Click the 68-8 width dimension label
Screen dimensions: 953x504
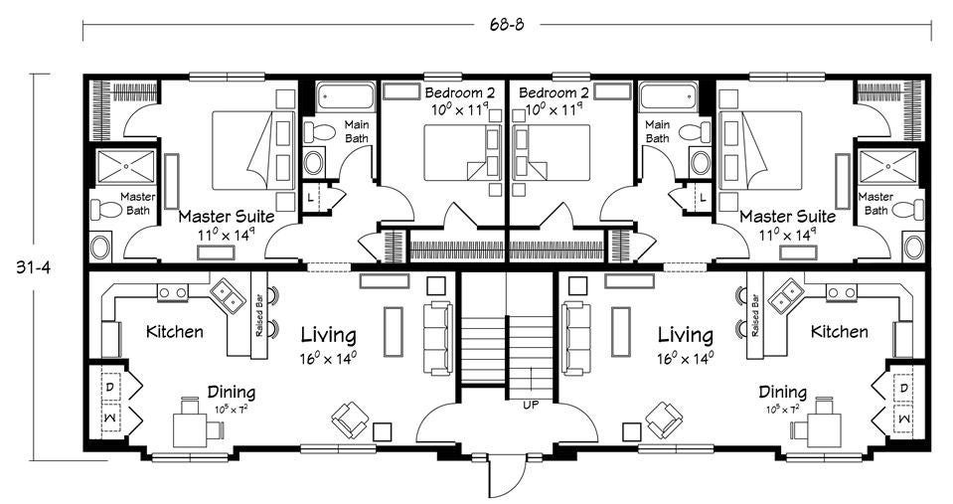point(506,25)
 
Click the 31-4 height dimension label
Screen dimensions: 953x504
point(33,267)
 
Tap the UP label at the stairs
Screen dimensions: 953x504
point(531,405)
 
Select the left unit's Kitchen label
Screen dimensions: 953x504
point(175,332)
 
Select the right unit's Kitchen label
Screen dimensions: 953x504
point(840,332)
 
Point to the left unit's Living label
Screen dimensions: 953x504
point(328,335)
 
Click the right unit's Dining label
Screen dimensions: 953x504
point(782,392)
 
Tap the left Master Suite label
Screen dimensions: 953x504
point(227,217)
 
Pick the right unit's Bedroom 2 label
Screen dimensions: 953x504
point(554,93)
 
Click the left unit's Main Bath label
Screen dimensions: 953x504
point(357,131)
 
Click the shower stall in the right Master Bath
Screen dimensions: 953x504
point(887,166)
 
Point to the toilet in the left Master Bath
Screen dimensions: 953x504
point(106,210)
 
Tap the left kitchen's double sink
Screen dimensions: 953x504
point(228,296)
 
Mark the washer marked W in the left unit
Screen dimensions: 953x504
point(110,418)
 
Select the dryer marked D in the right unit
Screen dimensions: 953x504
point(903,388)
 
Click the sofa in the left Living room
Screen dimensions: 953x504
point(437,338)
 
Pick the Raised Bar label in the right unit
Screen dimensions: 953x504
point(755,315)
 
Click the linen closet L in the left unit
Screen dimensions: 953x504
point(312,198)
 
